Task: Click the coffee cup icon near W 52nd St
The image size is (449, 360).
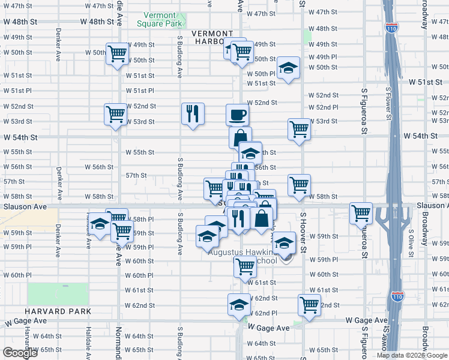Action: pos(237,114)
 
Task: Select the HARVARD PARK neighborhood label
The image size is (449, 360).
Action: pos(58,311)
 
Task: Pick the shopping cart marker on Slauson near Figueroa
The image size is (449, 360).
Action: pos(361,214)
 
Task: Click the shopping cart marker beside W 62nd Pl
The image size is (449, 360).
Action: pos(309,305)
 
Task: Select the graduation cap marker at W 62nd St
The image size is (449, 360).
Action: pos(239,305)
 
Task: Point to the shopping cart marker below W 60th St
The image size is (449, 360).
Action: pos(244,266)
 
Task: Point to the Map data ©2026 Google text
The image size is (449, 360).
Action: pos(412,355)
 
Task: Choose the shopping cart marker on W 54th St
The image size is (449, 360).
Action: pos(298,129)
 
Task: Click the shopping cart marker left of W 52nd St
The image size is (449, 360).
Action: pos(115,114)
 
